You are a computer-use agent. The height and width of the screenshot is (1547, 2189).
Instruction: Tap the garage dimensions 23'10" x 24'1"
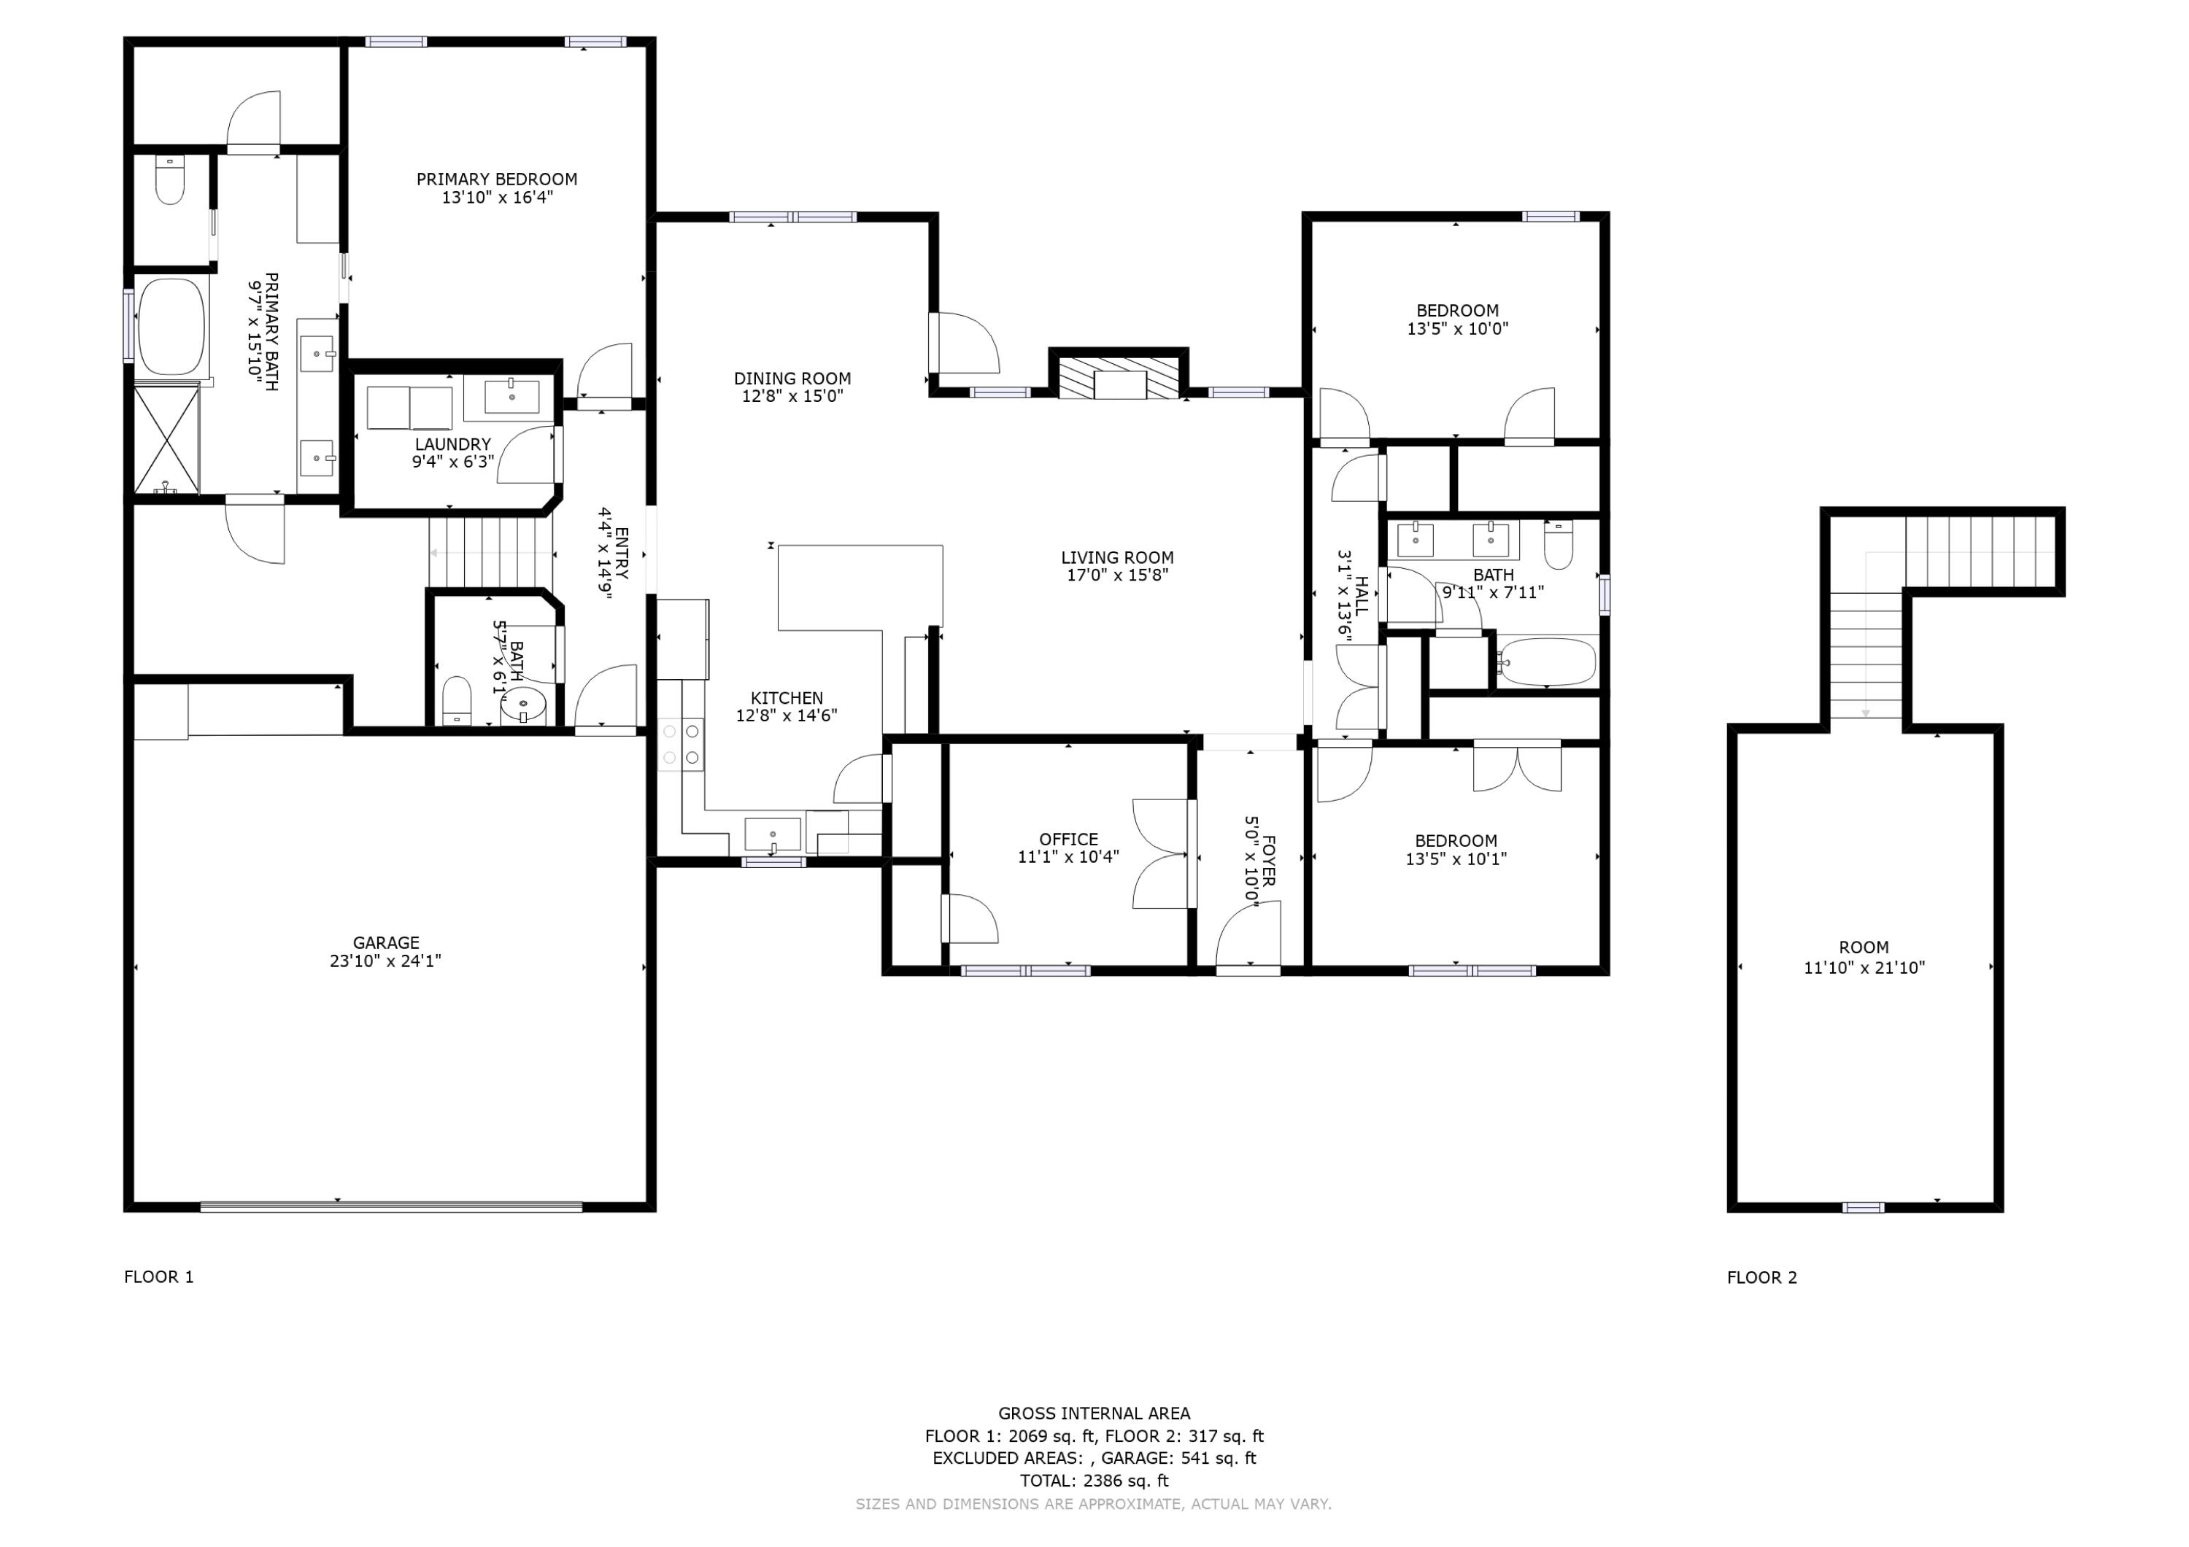click(385, 961)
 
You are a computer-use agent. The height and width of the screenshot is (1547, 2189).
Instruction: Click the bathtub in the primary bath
click(171, 326)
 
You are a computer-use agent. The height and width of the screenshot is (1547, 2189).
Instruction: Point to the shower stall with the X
click(166, 438)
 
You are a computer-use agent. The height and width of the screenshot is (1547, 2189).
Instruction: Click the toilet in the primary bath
click(170, 181)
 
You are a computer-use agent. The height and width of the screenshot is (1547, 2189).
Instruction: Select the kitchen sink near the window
click(772, 834)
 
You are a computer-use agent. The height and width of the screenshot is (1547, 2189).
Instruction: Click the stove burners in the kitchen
click(682, 745)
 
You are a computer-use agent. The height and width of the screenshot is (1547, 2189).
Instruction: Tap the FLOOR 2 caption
click(1761, 1277)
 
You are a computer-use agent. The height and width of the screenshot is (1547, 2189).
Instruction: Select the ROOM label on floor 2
click(1863, 947)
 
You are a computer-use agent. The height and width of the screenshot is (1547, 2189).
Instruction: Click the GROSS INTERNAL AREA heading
click(1094, 1414)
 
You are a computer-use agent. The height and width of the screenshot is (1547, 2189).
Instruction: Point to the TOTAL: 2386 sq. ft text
click(1094, 1481)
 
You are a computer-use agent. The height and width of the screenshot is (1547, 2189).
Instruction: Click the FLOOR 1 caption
click(158, 1276)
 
